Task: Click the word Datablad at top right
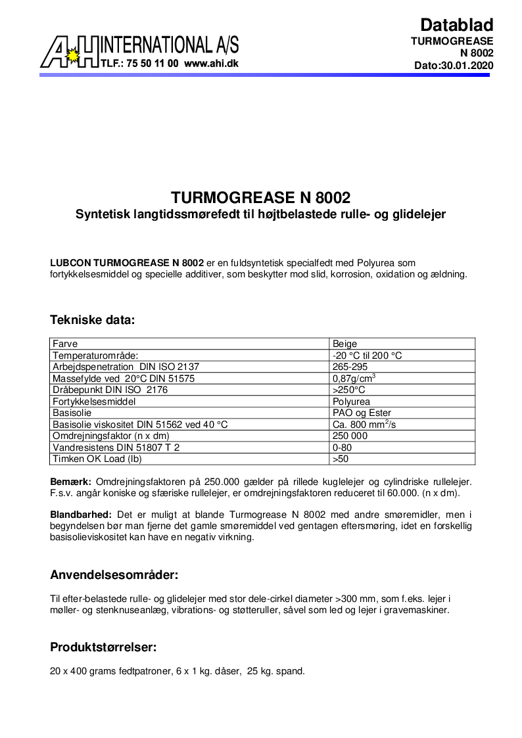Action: point(456,25)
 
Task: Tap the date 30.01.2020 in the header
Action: point(466,66)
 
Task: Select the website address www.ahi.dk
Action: point(211,64)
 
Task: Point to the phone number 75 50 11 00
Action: point(147,64)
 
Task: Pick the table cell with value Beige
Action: point(345,344)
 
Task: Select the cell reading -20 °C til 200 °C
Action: point(367,356)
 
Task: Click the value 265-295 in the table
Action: point(350,367)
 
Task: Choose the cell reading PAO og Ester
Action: point(362,413)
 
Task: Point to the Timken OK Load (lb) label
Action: point(97,459)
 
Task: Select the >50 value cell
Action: point(341,459)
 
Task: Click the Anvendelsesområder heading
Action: point(114,575)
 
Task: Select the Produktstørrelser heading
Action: point(103,647)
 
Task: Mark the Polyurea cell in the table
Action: point(352,402)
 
